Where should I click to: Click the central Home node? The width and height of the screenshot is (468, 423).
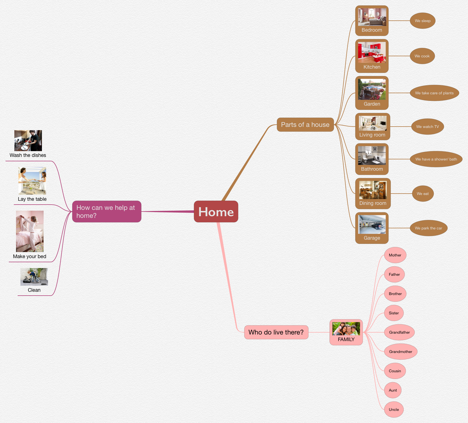pyautogui.click(x=216, y=211)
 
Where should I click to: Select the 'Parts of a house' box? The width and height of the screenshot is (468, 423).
pyautogui.click(x=305, y=125)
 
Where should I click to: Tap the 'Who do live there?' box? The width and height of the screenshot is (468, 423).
pyautogui.click(x=276, y=332)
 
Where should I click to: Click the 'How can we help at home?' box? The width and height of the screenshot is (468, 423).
pyautogui.click(x=107, y=211)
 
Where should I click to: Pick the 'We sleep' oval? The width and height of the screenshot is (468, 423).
pyautogui.click(x=422, y=21)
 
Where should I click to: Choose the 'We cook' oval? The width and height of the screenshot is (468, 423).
pyautogui.click(x=422, y=56)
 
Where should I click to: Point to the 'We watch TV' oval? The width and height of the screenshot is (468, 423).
pyautogui.click(x=427, y=127)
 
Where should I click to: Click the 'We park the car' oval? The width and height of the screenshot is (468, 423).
pyautogui.click(x=428, y=228)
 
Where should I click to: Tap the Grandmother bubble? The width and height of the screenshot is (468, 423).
pyautogui.click(x=400, y=352)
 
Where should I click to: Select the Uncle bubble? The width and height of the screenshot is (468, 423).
pyautogui.click(x=394, y=409)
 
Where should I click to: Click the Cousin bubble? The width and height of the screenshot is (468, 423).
pyautogui.click(x=395, y=371)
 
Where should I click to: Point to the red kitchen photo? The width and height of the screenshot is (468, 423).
pyautogui.click(x=372, y=52)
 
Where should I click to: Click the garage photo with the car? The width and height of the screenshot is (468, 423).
pyautogui.click(x=372, y=224)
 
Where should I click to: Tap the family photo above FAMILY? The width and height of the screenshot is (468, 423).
pyautogui.click(x=346, y=328)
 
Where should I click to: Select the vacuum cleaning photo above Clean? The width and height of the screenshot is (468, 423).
pyautogui.click(x=34, y=277)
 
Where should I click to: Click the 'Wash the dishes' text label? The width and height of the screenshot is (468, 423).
pyautogui.click(x=28, y=155)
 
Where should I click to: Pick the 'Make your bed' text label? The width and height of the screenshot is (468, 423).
pyautogui.click(x=30, y=256)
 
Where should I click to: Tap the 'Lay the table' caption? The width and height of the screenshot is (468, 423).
pyautogui.click(x=32, y=199)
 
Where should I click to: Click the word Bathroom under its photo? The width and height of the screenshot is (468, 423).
pyautogui.click(x=372, y=169)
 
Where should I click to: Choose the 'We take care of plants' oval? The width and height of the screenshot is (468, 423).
pyautogui.click(x=434, y=93)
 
